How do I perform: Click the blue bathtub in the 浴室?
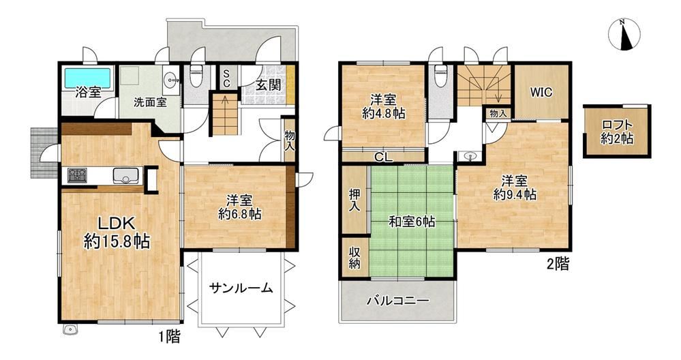88,77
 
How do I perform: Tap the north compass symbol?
625,35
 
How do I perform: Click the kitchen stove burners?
77,175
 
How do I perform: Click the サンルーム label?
241,288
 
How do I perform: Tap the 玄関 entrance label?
267,85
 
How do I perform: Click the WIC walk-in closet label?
541,92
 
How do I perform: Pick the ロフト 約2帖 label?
617,132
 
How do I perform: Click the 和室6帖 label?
411,222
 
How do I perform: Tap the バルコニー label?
398,301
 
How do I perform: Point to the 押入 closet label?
354,200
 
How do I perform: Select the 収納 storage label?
354,257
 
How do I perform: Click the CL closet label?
384,157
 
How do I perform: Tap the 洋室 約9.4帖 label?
515,187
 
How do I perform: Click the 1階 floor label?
168,337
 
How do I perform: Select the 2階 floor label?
558,264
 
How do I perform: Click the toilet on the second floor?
440,76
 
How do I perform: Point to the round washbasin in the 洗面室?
171,79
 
